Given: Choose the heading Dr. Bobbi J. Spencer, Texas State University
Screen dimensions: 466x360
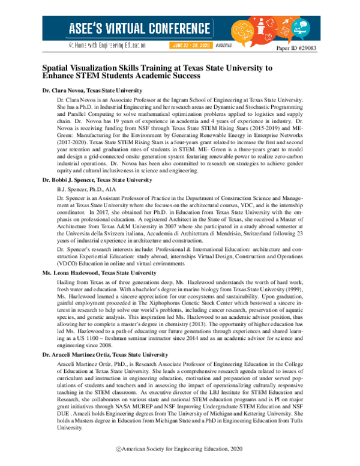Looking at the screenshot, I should coord(97,180).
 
